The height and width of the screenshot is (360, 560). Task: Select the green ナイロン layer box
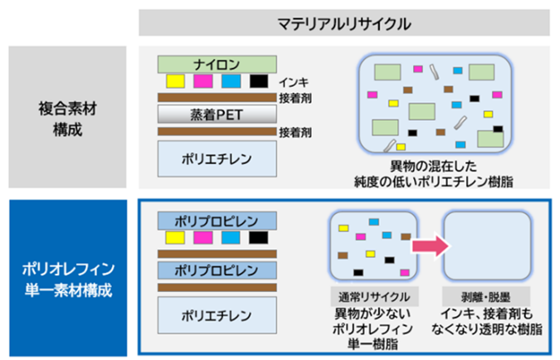pos(217,63)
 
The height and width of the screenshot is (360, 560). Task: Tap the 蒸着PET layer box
pos(217,114)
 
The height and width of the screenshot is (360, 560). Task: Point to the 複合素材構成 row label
pos(67,118)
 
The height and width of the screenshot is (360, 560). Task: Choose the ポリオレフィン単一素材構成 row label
pos(67,278)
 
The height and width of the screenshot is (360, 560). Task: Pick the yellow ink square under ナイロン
pos(175,81)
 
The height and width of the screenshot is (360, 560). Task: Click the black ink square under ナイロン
pos(258,81)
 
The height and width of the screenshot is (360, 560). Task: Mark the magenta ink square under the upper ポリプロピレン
pos(202,239)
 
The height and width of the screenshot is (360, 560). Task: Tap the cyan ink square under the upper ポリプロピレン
pos(231,239)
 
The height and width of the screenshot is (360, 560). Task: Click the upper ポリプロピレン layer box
pos(217,221)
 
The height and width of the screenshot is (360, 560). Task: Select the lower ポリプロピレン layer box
pos(217,270)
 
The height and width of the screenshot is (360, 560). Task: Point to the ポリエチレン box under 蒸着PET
pos(217,157)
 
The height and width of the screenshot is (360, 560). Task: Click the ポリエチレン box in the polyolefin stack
pos(217,316)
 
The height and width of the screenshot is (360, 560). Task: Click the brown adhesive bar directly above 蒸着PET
pos(217,97)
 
